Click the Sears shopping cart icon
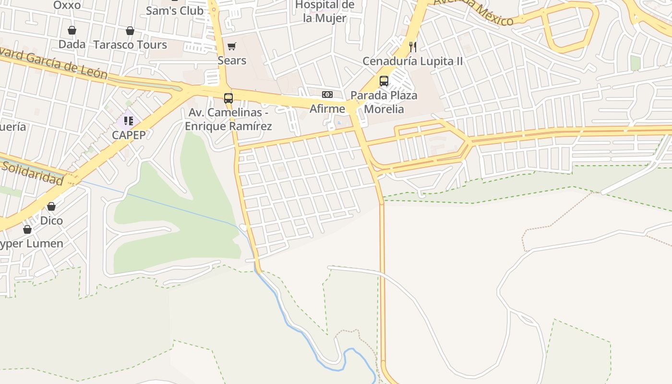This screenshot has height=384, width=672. point(232,47)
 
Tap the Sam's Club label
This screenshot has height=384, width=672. point(174,11)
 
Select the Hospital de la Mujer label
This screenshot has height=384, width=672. point(325,12)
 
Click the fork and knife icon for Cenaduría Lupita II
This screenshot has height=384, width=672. point(412,47)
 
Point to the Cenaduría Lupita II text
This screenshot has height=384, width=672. point(412,61)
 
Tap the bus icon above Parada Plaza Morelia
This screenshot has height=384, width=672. point(384,81)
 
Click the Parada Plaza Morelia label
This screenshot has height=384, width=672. point(384,102)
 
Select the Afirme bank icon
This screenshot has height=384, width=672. point(327,95)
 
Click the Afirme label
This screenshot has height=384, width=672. point(327,109)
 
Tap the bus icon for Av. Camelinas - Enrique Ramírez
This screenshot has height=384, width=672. point(228,98)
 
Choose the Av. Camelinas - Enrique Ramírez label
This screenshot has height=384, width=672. point(228,119)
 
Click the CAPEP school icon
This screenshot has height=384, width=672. point(129,120)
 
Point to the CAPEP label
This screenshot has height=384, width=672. point(129,135)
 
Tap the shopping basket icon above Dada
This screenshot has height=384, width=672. point(72,31)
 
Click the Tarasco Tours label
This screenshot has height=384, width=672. point(130,45)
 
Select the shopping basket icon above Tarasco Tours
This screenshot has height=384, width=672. point(130,31)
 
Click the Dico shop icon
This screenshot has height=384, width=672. point(51,206)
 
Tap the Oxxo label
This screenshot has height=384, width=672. point(67,5)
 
